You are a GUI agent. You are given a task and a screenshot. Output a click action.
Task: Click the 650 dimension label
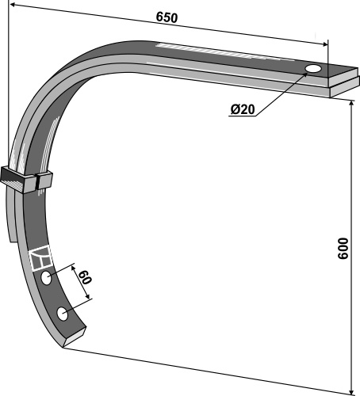[167, 17]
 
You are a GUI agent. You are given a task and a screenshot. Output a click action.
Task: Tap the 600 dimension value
[343, 249]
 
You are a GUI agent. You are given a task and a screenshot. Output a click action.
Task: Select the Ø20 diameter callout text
[243, 109]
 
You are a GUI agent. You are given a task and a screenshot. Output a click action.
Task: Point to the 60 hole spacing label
[85, 277]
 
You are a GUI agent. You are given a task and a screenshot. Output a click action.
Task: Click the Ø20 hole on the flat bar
[313, 69]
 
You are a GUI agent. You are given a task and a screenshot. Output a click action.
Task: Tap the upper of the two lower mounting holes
[46, 278]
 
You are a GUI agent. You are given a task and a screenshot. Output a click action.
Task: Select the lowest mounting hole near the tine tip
[63, 314]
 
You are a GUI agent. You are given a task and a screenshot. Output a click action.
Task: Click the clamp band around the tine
[26, 179]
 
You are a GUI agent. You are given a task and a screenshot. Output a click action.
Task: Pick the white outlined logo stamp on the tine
[40, 257]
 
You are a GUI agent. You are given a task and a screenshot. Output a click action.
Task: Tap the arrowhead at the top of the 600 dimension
[351, 104]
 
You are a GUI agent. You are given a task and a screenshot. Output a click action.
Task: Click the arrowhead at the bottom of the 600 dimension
[351, 392]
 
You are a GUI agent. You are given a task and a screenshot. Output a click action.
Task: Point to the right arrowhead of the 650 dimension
[324, 44]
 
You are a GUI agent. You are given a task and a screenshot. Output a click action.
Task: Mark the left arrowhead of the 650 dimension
[13, 5]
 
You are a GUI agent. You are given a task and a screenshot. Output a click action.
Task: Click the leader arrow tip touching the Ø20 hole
[306, 74]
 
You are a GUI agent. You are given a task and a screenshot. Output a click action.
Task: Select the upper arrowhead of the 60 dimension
[74, 268]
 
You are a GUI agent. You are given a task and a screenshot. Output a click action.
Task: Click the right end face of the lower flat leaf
[345, 91]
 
